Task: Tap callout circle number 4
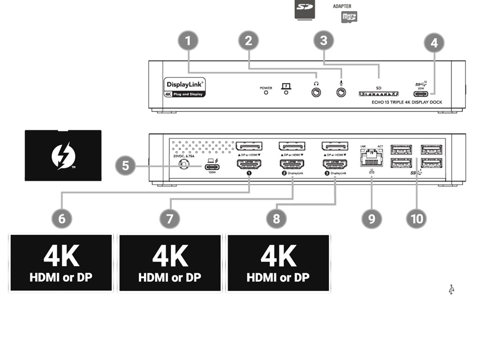[434, 43]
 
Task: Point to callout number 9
[372, 218]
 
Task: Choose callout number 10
[416, 218]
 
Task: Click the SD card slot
[378, 94]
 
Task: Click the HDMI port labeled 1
[248, 165]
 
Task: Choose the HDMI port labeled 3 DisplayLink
[335, 165]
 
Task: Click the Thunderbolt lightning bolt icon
[63, 156]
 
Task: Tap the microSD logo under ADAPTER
[349, 17]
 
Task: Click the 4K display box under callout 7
[170, 263]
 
